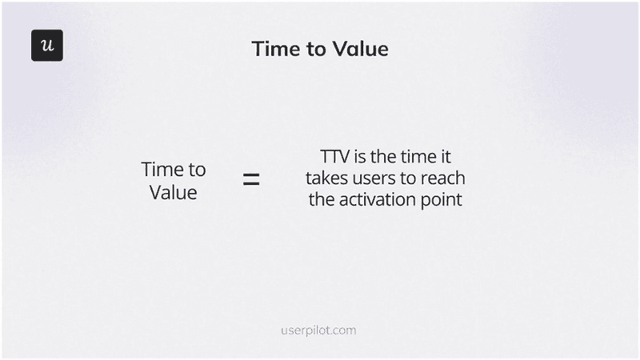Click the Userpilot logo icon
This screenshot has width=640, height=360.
point(47,46)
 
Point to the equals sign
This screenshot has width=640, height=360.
point(251,181)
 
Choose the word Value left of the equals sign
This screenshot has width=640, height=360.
point(174,193)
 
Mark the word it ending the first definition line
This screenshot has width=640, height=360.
point(446,157)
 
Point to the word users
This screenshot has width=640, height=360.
point(378,178)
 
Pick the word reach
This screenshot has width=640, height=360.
point(444,178)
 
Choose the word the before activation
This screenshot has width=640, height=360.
point(322,198)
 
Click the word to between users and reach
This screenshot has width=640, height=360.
point(411,178)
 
